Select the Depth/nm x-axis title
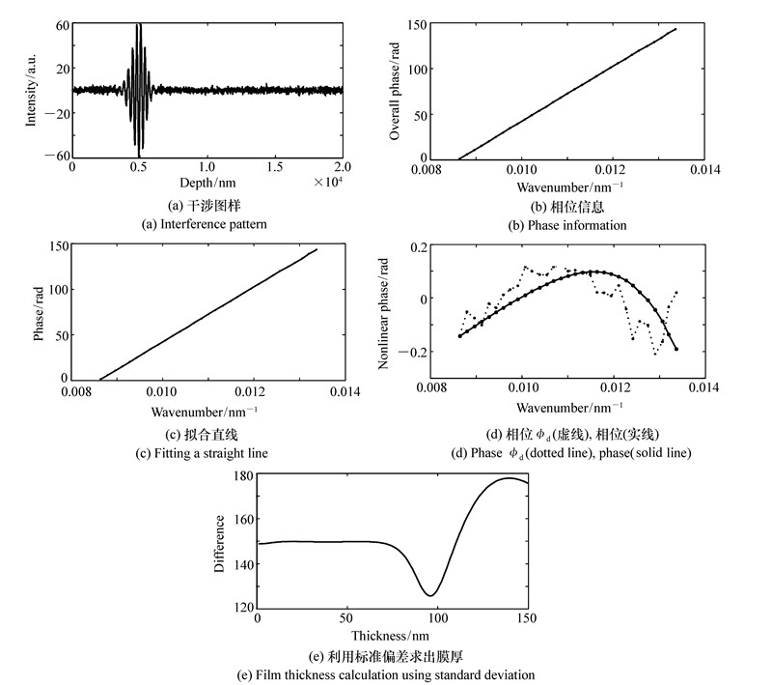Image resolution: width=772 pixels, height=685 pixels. pyautogui.click(x=208, y=182)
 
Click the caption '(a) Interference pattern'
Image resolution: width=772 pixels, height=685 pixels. pyautogui.click(x=207, y=224)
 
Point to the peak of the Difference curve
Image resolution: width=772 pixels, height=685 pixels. pyautogui.click(x=510, y=478)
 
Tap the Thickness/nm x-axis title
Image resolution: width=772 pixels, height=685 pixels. pyautogui.click(x=391, y=636)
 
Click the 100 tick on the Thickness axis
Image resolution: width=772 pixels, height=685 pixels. pyautogui.click(x=437, y=619)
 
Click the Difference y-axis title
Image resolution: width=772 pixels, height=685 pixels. pyautogui.click(x=219, y=542)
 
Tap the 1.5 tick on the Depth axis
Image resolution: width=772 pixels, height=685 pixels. pyautogui.click(x=275, y=167)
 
